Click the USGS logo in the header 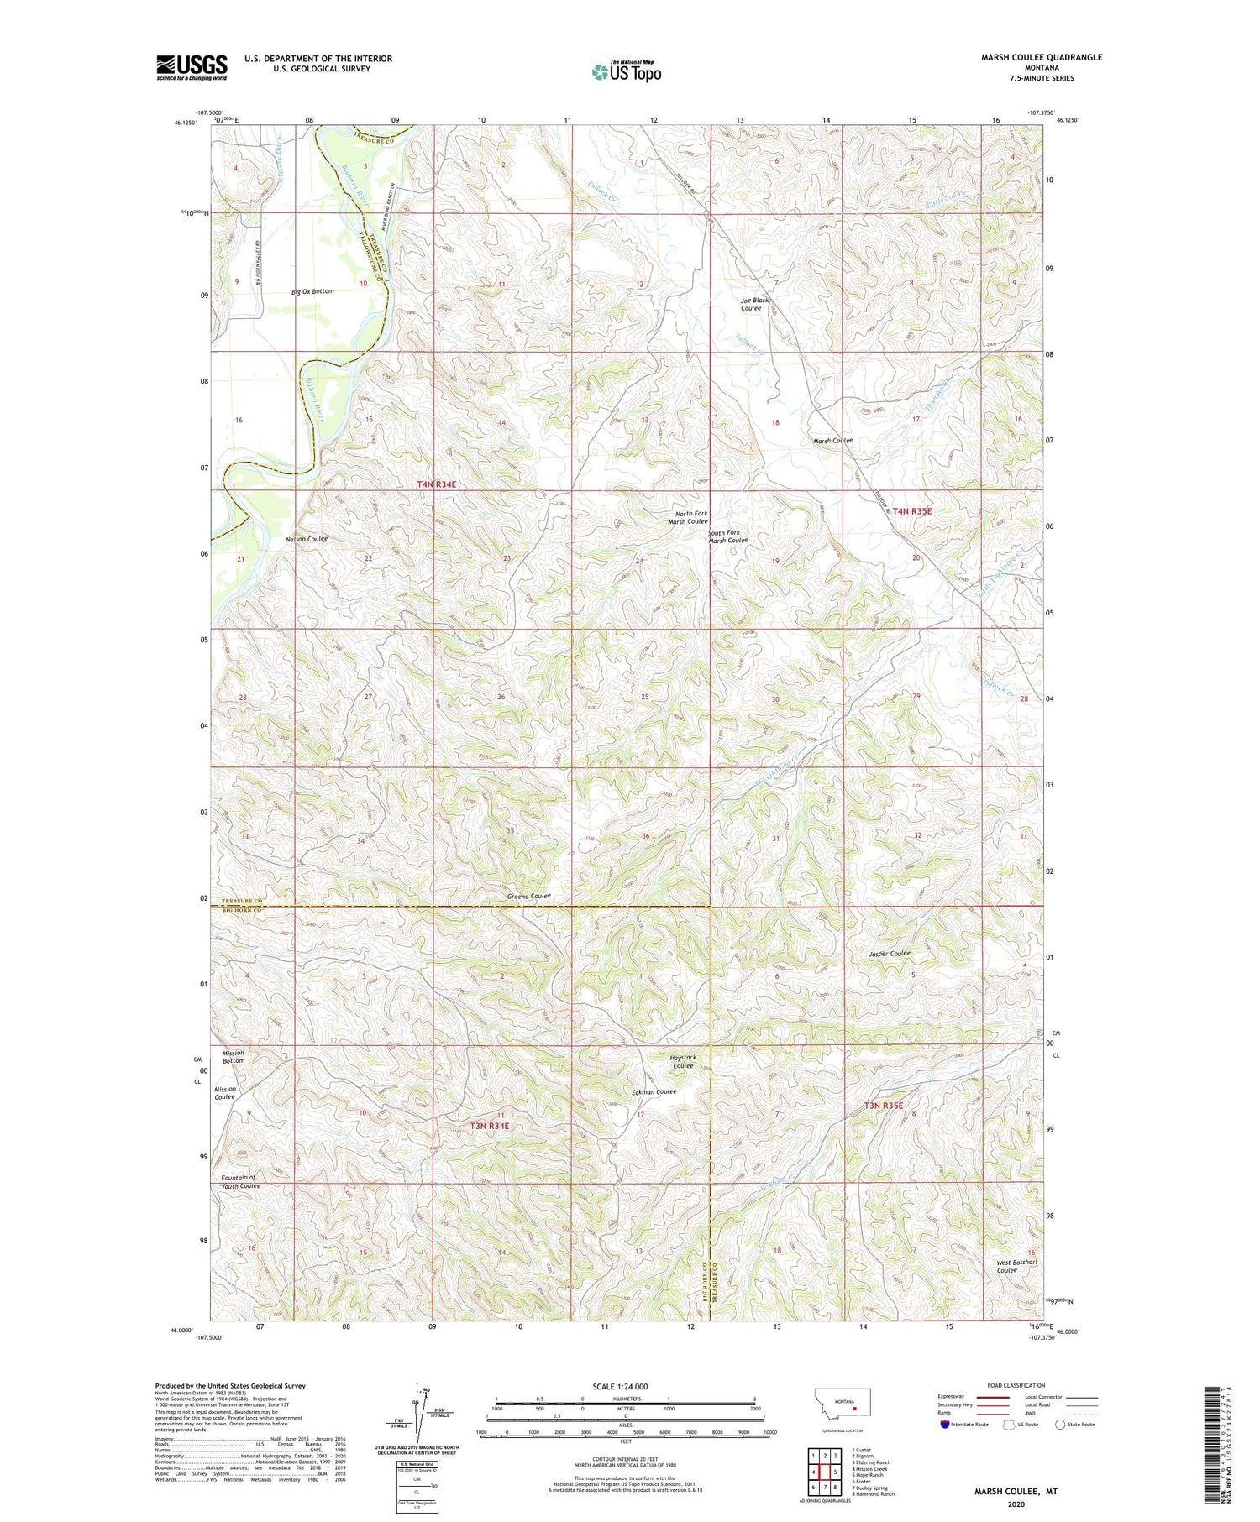[192, 67]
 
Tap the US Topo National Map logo [626, 71]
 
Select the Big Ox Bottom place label [312, 291]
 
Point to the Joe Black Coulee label [753, 304]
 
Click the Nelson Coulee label [307, 538]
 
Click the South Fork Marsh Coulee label [727, 536]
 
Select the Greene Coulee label [528, 897]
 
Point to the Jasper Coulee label [890, 954]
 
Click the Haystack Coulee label [682, 1061]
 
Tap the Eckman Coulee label [654, 1092]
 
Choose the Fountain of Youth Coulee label [240, 1182]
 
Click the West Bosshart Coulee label [1016, 1266]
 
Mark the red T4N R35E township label [911, 510]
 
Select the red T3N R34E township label [489, 1125]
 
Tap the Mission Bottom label [233, 1056]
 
